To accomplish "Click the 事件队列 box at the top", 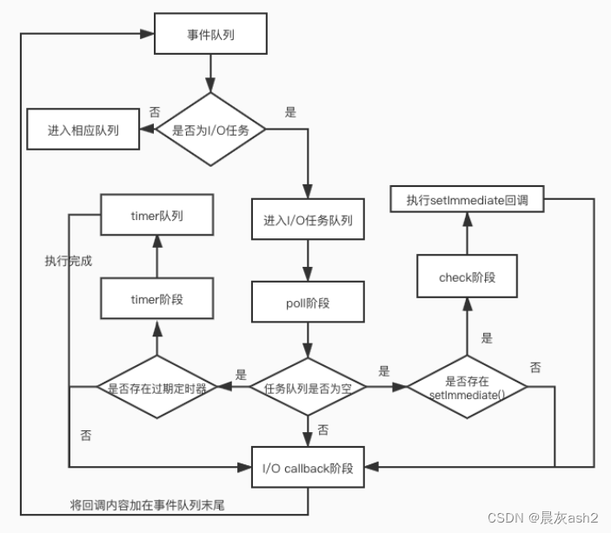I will (x=210, y=36).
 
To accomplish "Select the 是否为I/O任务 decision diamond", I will (x=210, y=130).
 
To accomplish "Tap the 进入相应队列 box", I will (x=83, y=130).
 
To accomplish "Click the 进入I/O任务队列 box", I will (x=308, y=220).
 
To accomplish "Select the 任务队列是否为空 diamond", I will (x=308, y=387).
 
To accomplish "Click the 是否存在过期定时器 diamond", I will (x=157, y=388).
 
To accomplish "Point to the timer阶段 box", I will (x=157, y=298).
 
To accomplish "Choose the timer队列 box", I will (x=157, y=215).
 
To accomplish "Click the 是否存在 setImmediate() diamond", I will (x=467, y=388).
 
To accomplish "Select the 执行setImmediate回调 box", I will (x=467, y=201).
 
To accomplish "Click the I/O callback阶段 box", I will (x=308, y=470).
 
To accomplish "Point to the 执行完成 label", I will (x=69, y=260).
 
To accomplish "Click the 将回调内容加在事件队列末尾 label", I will (x=147, y=504).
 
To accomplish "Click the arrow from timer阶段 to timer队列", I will (x=157, y=256).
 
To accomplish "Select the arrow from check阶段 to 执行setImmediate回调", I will (x=467, y=234).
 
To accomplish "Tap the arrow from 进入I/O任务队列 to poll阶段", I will (x=308, y=260).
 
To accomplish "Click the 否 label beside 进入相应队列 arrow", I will (x=155, y=112).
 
